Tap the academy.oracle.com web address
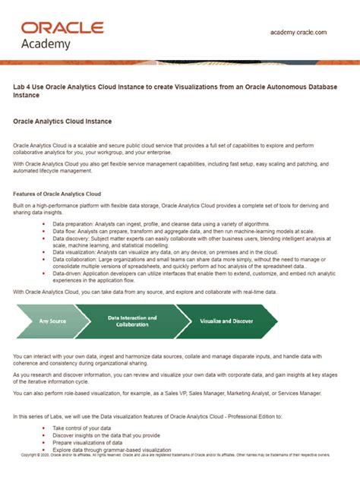pyautogui.click(x=298, y=33)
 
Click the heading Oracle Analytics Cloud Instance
pyautogui.click(x=62, y=121)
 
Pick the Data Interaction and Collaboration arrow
pyautogui.click(x=133, y=321)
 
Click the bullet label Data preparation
pyautogui.click(x=72, y=224)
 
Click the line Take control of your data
pyautogui.click(x=84, y=429)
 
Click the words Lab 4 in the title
pyautogui.click(x=23, y=87)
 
